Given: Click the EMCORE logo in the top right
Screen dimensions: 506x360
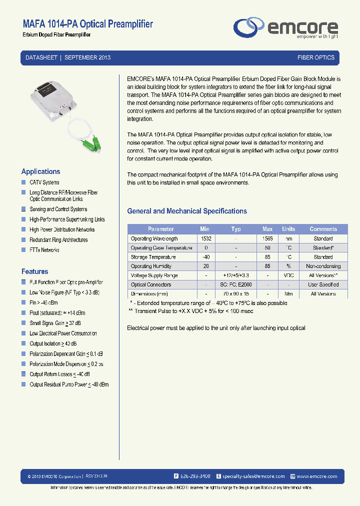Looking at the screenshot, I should tap(286, 27).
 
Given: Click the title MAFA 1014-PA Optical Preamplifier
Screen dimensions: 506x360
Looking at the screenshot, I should tap(87, 24).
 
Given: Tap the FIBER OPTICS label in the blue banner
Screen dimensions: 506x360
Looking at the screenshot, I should tap(315, 57).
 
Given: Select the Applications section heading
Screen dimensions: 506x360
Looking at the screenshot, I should tap(40, 171).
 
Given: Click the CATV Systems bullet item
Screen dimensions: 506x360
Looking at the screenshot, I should tap(44, 182).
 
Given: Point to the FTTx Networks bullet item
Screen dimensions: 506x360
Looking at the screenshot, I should tap(44, 250).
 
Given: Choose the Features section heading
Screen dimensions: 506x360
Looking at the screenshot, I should tap(34, 271).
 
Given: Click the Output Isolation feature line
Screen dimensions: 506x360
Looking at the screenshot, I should tap(53, 343).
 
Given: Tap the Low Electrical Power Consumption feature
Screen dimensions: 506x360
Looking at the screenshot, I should tap(63, 333).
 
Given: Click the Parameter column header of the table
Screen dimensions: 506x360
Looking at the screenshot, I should tap(161, 229).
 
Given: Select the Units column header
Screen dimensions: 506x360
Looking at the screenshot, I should tap(288, 229).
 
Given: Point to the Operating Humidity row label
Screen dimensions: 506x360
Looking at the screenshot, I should tap(151, 266).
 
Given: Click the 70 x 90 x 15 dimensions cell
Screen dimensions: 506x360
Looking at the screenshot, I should tap(236, 294).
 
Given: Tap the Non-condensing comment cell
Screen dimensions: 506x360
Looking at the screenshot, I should tap(323, 266).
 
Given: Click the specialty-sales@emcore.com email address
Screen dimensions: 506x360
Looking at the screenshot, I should tap(253, 476).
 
